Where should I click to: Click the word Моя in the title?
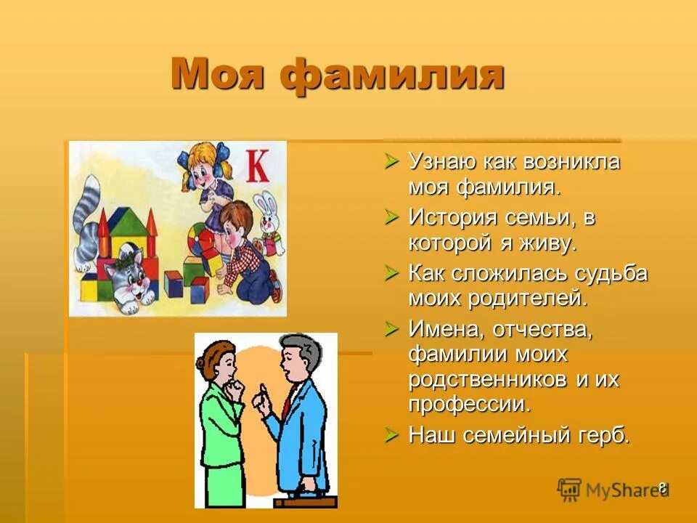[217, 75]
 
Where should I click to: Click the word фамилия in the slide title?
[393, 76]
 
